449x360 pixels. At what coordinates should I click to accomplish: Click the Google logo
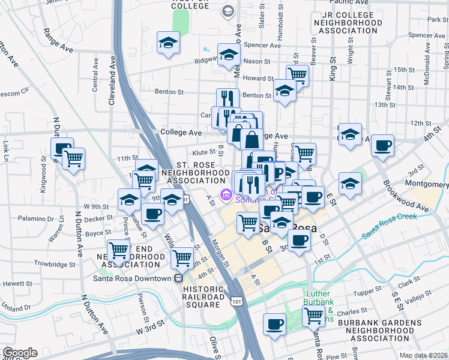click(19, 353)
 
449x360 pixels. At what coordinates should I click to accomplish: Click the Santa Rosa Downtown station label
click(132, 278)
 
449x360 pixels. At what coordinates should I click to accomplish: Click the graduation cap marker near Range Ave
click(168, 43)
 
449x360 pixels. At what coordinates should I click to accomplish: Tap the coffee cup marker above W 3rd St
click(275, 324)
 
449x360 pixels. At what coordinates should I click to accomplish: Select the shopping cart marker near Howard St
click(297, 74)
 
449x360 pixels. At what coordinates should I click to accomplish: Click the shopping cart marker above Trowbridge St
click(118, 250)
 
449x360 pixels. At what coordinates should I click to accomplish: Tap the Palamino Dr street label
click(36, 218)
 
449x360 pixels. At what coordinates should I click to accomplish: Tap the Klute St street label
click(204, 152)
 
